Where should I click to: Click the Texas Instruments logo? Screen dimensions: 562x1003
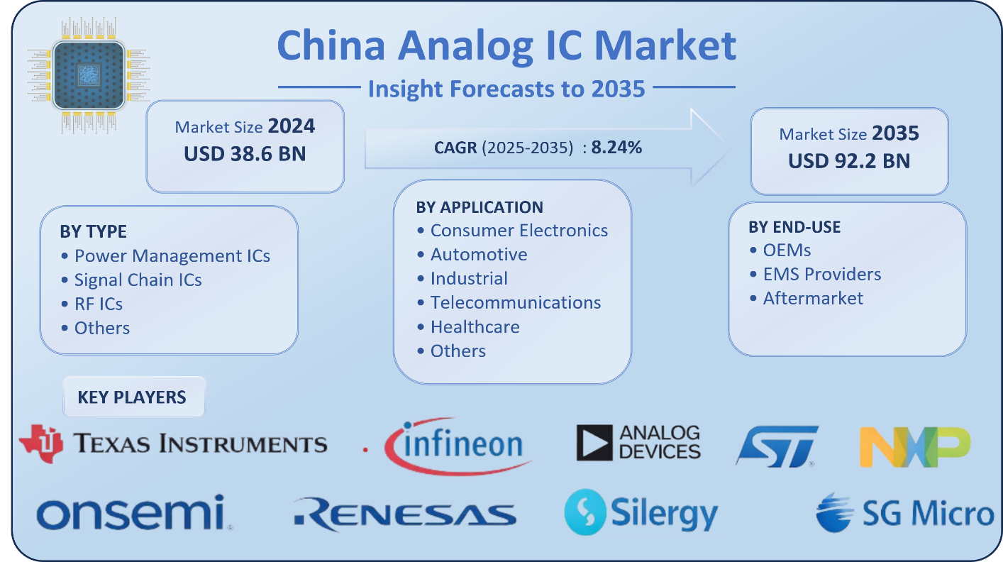pyautogui.click(x=173, y=443)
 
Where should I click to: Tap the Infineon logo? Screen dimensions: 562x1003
pyautogui.click(x=454, y=446)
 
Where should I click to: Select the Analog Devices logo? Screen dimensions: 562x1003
pyautogui.click(x=638, y=442)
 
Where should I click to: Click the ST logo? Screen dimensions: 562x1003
pyautogui.click(x=776, y=446)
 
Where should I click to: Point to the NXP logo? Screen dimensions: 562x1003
pyautogui.click(x=914, y=446)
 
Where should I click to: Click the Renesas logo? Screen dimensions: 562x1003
pyautogui.click(x=404, y=514)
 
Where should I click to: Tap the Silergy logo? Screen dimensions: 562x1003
pyautogui.click(x=641, y=512)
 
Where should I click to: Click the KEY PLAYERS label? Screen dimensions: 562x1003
pyautogui.click(x=132, y=397)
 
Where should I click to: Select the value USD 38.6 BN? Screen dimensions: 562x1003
pyautogui.click(x=245, y=153)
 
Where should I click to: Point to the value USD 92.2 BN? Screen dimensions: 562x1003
pyautogui.click(x=849, y=160)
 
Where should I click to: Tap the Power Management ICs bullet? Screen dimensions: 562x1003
pyautogui.click(x=172, y=255)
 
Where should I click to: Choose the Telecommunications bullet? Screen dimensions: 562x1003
pyautogui.click(x=515, y=302)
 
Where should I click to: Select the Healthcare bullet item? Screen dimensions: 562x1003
pyautogui.click(x=475, y=326)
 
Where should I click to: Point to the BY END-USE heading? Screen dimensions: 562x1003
pyautogui.click(x=794, y=227)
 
